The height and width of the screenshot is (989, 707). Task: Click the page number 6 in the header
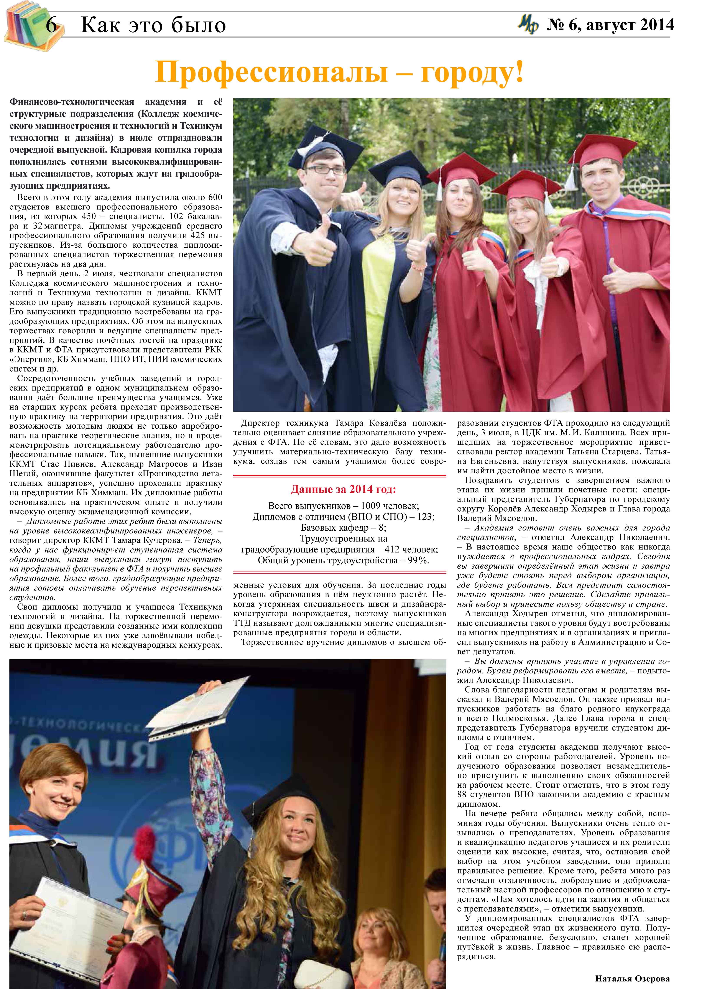(x=51, y=25)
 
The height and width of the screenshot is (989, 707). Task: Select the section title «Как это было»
(x=153, y=25)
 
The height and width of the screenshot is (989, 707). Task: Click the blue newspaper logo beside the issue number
(x=528, y=25)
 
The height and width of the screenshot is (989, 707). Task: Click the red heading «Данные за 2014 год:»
(x=343, y=490)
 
